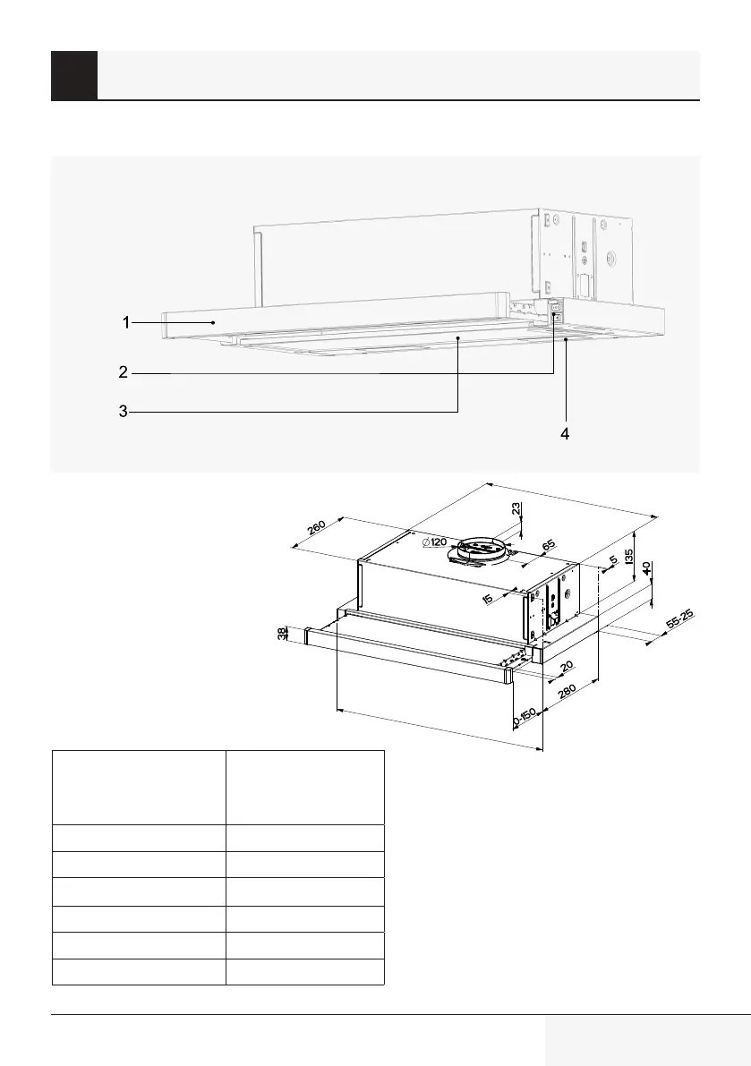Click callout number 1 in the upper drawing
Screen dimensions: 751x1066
pos(127,321)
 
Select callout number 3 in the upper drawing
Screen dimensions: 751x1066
pos(124,412)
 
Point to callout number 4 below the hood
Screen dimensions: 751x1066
pos(565,433)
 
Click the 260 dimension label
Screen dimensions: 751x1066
pos(316,528)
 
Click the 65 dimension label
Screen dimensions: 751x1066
pos(549,544)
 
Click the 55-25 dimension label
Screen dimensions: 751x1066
pos(678,621)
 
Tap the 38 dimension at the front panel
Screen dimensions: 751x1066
pos(283,635)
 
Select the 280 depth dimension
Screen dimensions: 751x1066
pos(566,697)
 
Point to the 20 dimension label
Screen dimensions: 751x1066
pos(566,668)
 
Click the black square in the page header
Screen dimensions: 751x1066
pos(73,75)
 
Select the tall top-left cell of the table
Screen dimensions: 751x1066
pos(139,787)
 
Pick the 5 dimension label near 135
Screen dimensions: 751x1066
pos(612,561)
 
